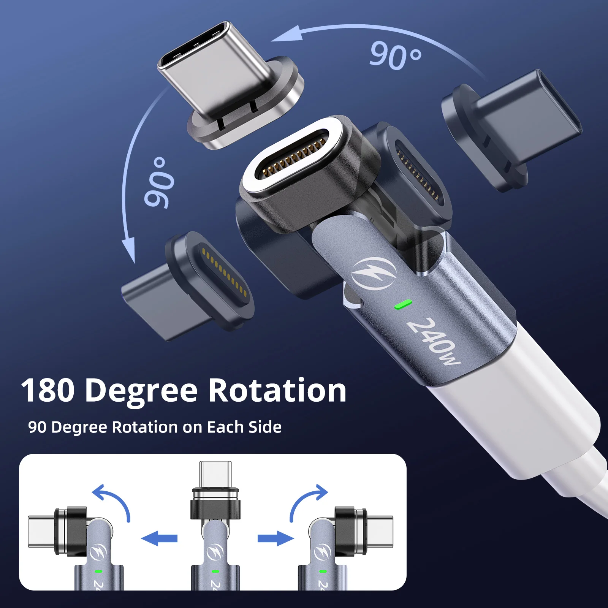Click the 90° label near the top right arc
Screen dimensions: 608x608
coord(395,56)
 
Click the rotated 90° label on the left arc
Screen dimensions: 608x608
coord(159,182)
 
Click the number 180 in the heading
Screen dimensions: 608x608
coord(48,391)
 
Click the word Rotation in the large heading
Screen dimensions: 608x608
coord(277,391)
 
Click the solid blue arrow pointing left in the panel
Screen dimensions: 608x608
coord(160,538)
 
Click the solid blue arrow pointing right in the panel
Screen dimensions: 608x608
coord(275,538)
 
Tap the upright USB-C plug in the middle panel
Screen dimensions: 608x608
coord(215,473)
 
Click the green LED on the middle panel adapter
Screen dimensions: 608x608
coord(215,571)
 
